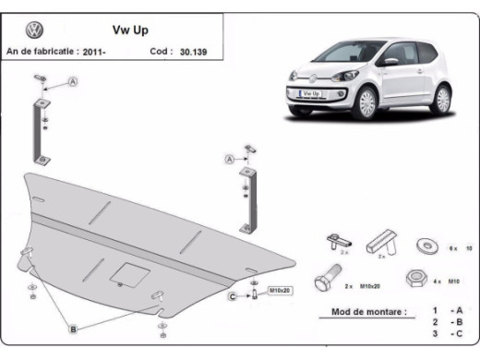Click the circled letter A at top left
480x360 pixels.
73,83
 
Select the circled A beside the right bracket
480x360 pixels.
229,159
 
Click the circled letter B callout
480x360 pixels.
71,329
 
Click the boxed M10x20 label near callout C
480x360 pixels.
279,291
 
